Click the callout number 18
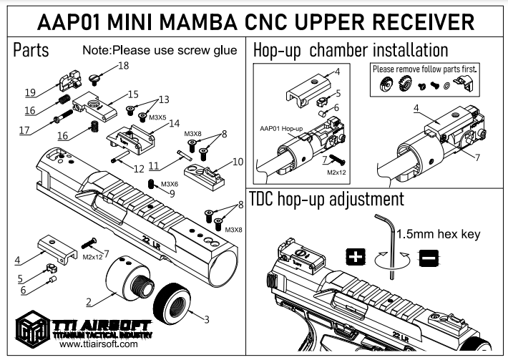[124, 66]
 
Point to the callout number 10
[238, 161]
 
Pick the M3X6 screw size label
[170, 184]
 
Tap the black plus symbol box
[355, 256]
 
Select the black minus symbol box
[428, 256]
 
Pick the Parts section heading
[31, 51]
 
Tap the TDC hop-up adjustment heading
[326, 198]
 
